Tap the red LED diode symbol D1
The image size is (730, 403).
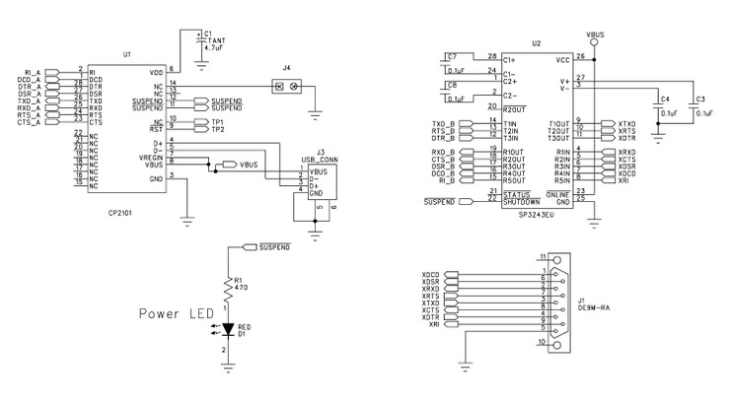pyautogui.click(x=229, y=328)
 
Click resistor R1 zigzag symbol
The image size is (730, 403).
pyautogui.click(x=229, y=290)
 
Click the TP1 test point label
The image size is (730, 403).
pyautogui.click(x=217, y=121)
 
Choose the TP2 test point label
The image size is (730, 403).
pyautogui.click(x=217, y=129)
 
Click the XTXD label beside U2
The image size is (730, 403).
pyautogui.click(x=626, y=122)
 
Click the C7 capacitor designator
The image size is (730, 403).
pyautogui.click(x=452, y=56)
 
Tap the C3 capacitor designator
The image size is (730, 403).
pyautogui.click(x=700, y=100)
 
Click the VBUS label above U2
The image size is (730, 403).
pyautogui.click(x=595, y=34)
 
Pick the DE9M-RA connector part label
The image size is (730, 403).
pyautogui.click(x=589, y=305)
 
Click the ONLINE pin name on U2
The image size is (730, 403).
pyautogui.click(x=558, y=194)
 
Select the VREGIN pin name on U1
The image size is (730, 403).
pyautogui.click(x=150, y=158)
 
